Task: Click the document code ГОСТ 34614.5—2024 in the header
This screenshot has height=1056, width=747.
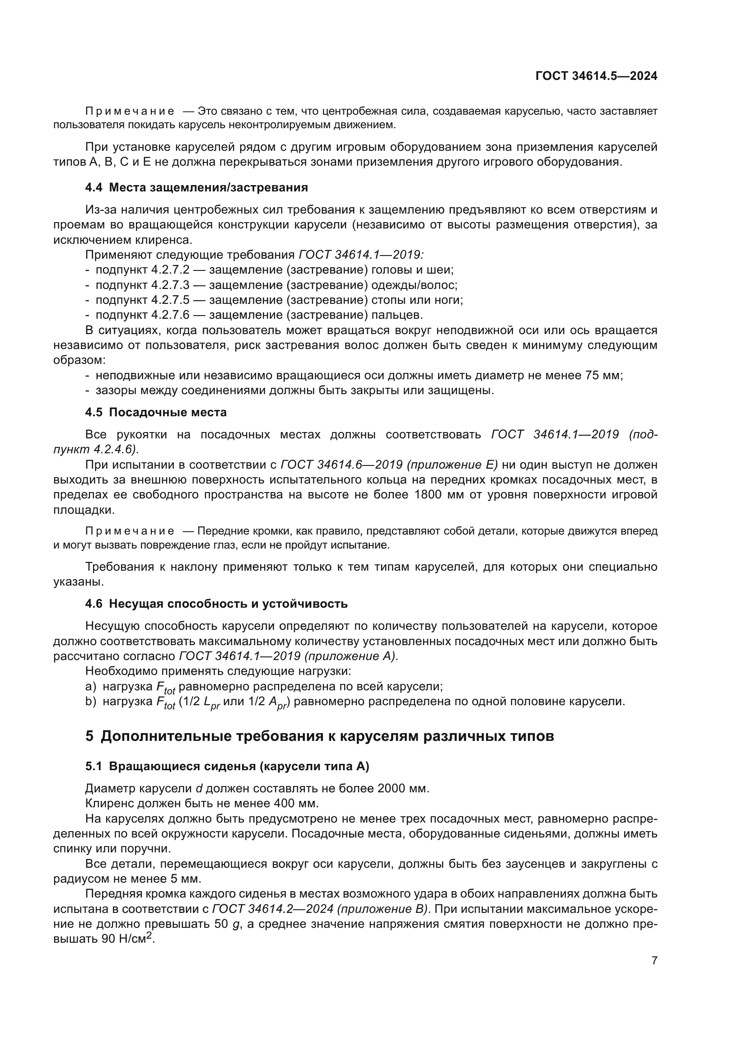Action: [596, 76]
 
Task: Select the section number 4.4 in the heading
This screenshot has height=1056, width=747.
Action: [94, 188]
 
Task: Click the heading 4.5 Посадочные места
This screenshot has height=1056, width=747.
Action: [156, 412]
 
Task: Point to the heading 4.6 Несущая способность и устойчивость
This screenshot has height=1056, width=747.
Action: [216, 604]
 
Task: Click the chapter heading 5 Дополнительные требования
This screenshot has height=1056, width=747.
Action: [319, 736]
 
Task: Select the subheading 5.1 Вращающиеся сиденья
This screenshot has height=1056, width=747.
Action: [227, 766]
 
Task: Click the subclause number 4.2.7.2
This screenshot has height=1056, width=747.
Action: [170, 270]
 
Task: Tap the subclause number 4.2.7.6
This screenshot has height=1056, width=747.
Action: [170, 315]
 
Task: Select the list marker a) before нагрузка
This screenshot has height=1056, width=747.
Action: [91, 687]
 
